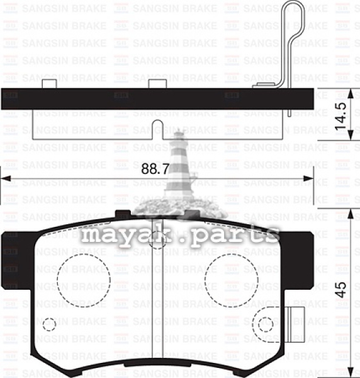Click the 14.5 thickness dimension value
pos(340,116)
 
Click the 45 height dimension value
pos(340,290)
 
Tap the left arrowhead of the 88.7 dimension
pos(6,179)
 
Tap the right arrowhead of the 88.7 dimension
pos(308,179)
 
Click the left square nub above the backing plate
pos(49,84)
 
